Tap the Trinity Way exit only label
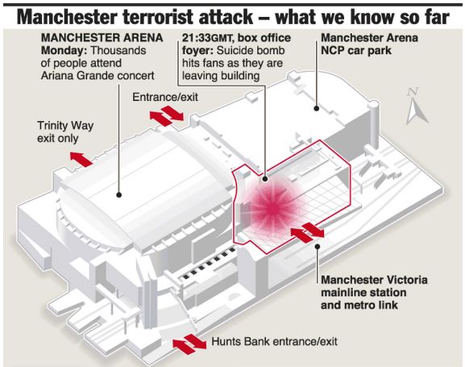pos(65,131)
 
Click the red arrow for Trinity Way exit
pos(81,159)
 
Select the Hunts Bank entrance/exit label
pos(274,341)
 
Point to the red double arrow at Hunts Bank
pos(189,344)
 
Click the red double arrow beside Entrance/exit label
pos(166,116)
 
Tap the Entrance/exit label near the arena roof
pos(165,97)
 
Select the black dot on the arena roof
pos(119,194)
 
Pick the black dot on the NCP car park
pos(317,108)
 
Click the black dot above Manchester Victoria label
pos(318,246)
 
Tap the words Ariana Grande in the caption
pos(77,76)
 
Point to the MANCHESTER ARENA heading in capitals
pos(102,38)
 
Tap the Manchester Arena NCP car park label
pos(370,44)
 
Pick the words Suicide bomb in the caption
pos(251,51)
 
